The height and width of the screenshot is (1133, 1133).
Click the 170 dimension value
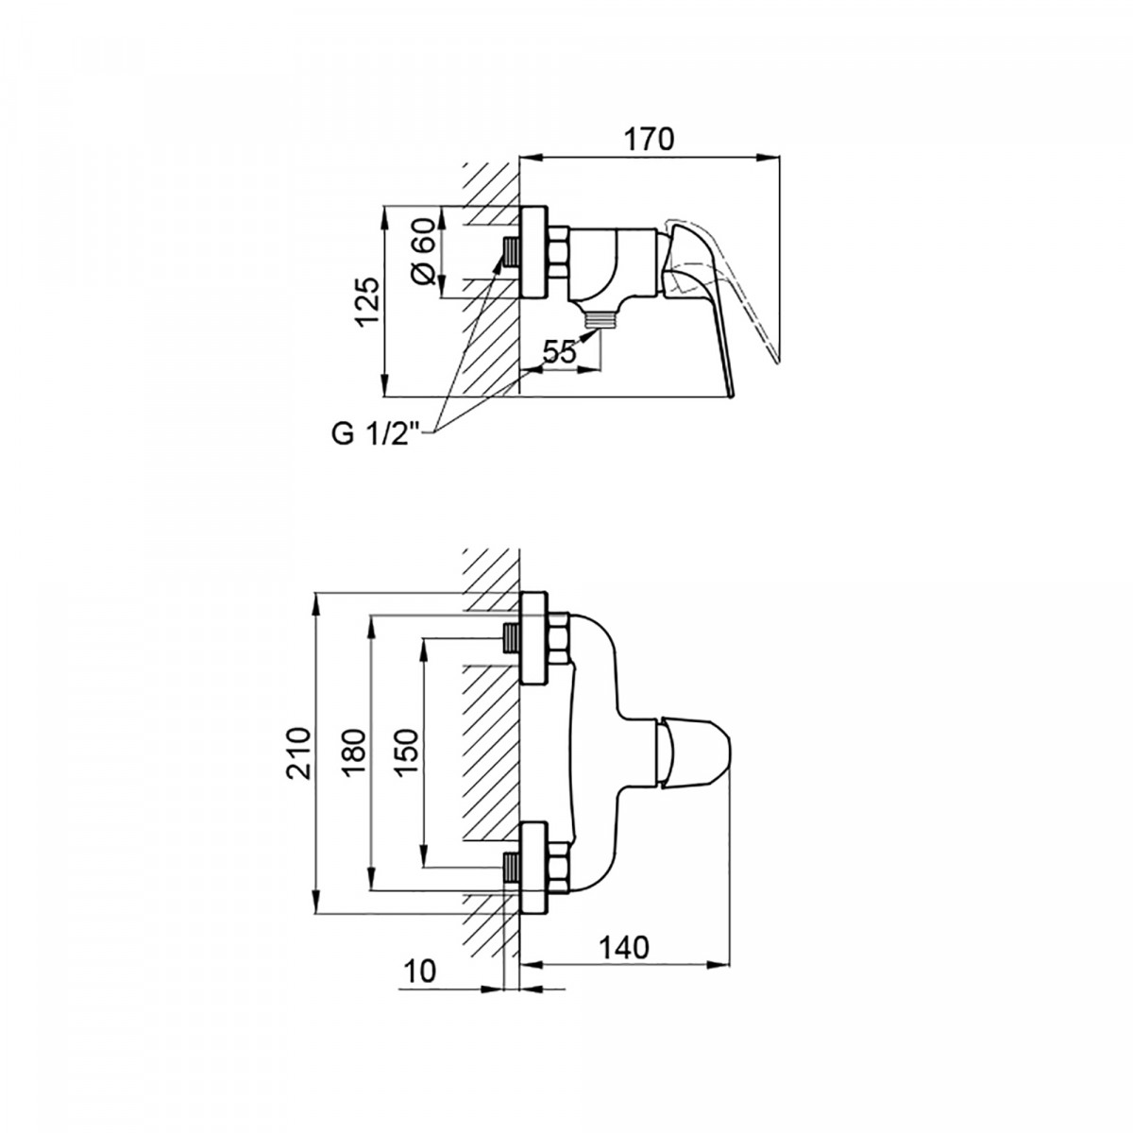click(649, 140)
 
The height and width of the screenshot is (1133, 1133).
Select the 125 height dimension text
click(368, 301)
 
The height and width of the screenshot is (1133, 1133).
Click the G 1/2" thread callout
click(378, 434)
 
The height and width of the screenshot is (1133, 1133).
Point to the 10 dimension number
click(421, 972)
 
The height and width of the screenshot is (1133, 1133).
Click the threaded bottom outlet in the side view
click(600, 319)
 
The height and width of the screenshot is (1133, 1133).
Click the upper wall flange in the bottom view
click(533, 639)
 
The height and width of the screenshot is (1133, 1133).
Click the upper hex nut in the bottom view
click(559, 639)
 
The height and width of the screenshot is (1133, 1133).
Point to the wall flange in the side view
click(533, 252)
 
